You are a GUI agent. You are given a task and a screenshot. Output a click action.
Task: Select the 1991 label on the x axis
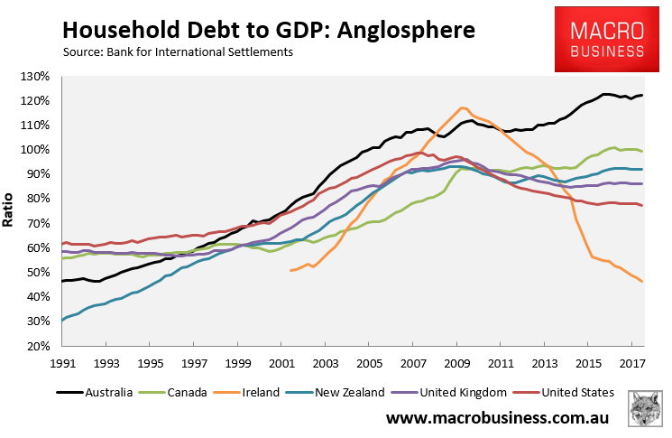coord(63,364)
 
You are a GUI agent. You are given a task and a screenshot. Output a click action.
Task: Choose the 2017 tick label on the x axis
coord(632,364)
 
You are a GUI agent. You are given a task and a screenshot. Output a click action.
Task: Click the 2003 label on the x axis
coord(326,364)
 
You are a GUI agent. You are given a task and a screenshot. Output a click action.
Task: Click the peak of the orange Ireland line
coord(463,108)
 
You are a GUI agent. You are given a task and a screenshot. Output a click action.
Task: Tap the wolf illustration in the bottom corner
coord(646,410)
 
